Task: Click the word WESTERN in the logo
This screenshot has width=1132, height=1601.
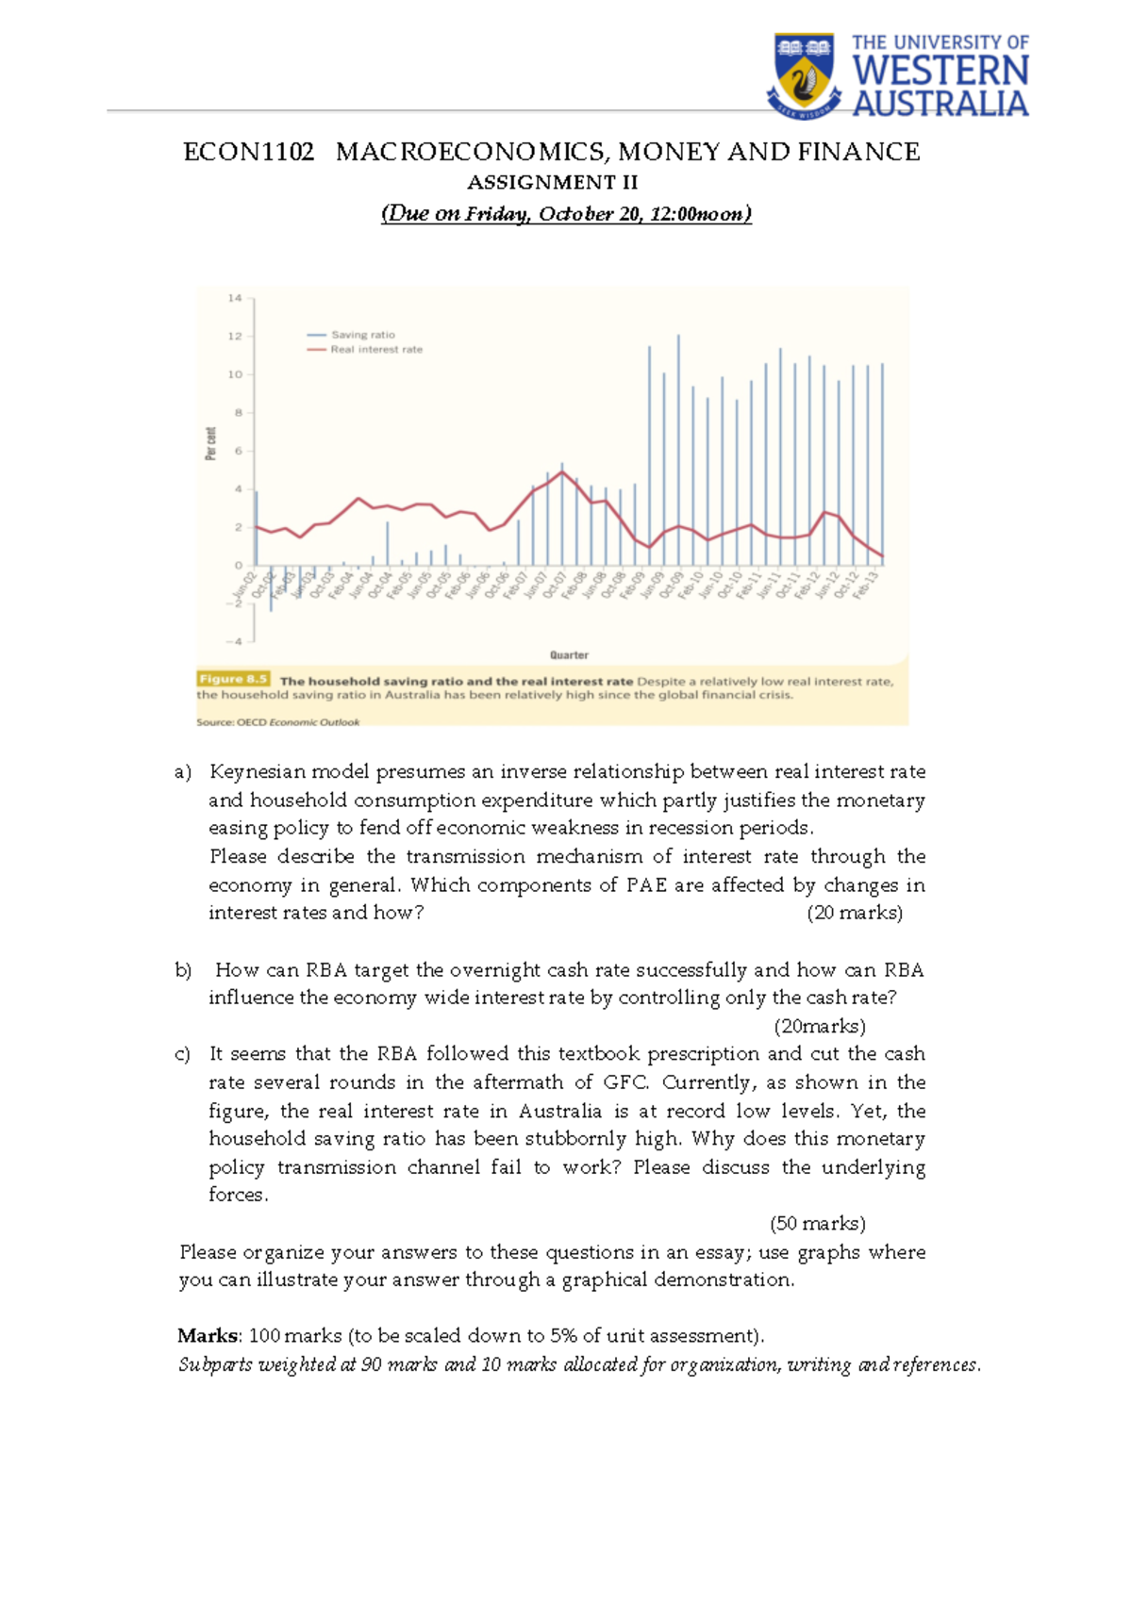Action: [940, 72]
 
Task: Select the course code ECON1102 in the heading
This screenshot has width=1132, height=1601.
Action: [248, 152]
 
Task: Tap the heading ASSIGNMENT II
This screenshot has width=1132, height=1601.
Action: [553, 182]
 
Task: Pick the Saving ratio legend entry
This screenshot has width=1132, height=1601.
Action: [362, 335]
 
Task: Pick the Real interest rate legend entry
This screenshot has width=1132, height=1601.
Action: [375, 350]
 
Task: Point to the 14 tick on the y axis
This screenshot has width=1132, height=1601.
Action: [235, 298]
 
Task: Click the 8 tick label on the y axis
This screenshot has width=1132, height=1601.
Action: [239, 413]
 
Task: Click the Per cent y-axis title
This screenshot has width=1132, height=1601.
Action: [210, 443]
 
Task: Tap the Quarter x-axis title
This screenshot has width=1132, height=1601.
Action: [569, 654]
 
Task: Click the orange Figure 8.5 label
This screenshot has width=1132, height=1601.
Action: [233, 679]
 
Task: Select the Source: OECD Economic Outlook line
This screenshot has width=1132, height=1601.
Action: [277, 722]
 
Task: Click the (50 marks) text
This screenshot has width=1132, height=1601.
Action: [817, 1223]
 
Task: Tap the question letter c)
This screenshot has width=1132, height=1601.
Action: [183, 1054]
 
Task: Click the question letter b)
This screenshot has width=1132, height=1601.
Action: [183, 970]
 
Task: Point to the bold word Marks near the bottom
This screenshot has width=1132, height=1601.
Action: [208, 1335]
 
